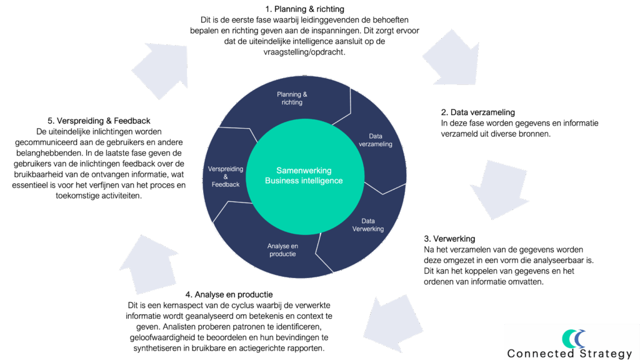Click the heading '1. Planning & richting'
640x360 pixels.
click(x=304, y=9)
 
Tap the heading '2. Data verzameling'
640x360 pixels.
click(x=477, y=112)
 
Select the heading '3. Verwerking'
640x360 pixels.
click(x=449, y=239)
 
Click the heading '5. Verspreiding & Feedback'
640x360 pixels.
click(x=98, y=121)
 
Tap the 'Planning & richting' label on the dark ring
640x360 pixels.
click(x=292, y=98)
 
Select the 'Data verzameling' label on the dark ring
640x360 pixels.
click(x=376, y=140)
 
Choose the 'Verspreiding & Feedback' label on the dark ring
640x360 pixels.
click(x=225, y=176)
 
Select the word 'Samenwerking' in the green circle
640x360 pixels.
click(x=304, y=170)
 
